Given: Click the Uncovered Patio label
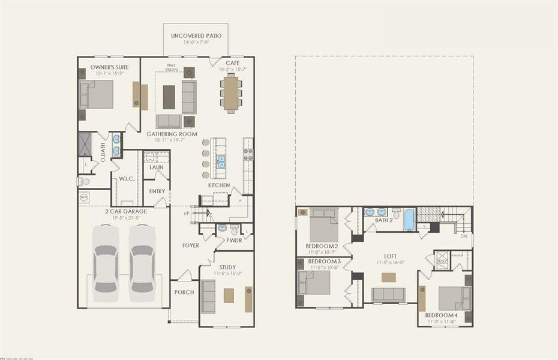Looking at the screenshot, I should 196,36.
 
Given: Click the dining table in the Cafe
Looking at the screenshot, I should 231,93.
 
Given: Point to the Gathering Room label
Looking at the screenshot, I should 172,134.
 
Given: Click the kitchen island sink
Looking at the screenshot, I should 221,161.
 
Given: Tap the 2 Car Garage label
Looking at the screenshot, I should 124,211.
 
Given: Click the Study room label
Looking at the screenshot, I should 227,267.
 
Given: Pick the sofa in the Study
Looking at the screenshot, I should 208,296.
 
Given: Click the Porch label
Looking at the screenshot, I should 184,292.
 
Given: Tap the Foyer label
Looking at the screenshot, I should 191,245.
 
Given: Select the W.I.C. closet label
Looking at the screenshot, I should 126,178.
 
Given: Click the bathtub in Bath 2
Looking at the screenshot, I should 409,219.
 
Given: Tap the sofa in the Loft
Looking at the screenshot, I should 388,294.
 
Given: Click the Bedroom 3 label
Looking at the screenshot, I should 324,262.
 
